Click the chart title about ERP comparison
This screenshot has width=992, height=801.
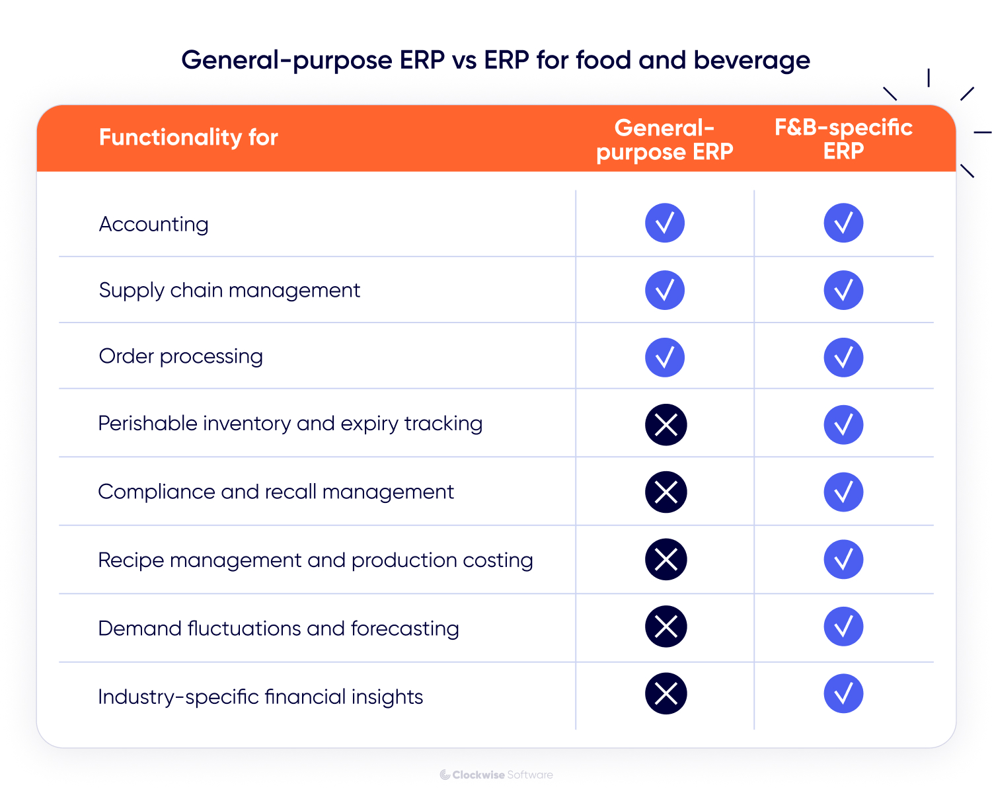(496, 60)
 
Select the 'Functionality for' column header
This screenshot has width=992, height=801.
(188, 137)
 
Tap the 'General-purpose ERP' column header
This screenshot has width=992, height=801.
(664, 139)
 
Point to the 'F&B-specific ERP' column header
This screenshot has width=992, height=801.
(843, 139)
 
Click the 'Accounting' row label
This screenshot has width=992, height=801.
(153, 224)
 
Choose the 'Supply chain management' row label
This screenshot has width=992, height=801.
(229, 290)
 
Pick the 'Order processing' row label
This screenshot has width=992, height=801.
(180, 356)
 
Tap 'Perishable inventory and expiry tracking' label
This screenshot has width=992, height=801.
(290, 424)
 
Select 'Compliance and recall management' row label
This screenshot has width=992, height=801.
(276, 492)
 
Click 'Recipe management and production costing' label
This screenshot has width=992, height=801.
(315, 560)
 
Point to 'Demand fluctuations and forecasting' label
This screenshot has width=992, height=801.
(278, 628)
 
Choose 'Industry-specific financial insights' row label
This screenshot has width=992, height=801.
(260, 697)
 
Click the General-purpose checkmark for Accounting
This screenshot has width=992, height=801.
(665, 223)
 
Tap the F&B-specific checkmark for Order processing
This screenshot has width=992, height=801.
(843, 358)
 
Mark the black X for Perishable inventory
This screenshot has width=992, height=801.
(666, 424)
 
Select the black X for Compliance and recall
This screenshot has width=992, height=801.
(666, 492)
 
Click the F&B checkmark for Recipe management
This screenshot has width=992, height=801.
(843, 559)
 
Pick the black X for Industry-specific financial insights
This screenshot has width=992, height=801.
(666, 693)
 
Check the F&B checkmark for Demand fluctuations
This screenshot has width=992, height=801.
(843, 627)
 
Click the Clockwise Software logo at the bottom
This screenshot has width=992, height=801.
(496, 775)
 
